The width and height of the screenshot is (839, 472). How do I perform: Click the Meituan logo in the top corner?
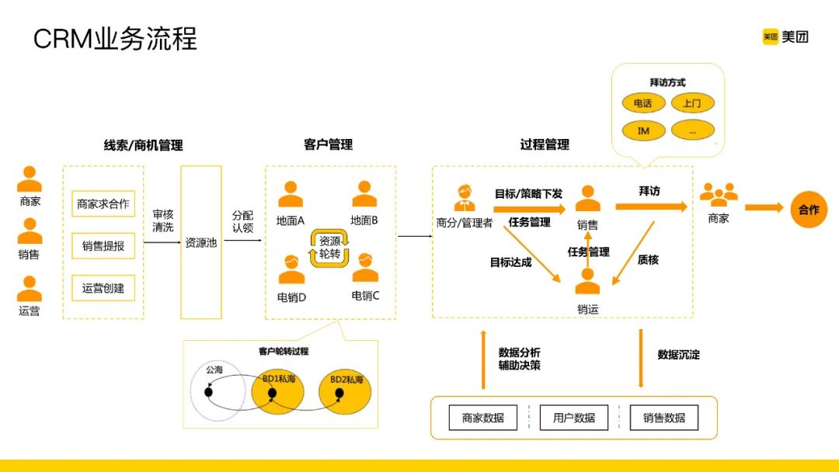click(x=785, y=36)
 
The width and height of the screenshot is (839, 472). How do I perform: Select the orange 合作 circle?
click(x=809, y=209)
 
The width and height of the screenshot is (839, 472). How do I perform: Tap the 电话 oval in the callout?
click(x=643, y=102)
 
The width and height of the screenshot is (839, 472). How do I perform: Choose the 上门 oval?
click(x=692, y=102)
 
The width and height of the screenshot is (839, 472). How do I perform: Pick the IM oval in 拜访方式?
click(x=643, y=130)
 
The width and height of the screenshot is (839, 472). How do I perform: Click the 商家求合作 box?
click(x=103, y=204)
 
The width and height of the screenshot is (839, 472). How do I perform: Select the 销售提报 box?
click(x=103, y=246)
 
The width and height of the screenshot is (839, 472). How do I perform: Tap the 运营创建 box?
click(x=103, y=288)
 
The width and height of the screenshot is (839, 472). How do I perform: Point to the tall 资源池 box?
click(x=201, y=242)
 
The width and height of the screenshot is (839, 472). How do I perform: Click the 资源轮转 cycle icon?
click(x=330, y=248)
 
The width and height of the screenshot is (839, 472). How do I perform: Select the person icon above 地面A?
click(x=291, y=194)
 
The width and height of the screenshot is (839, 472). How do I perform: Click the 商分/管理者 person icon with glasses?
click(x=465, y=197)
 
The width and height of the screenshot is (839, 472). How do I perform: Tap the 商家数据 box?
click(x=483, y=418)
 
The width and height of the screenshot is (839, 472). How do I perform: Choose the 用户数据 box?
click(x=573, y=418)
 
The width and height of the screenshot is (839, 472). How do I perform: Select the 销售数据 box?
click(x=664, y=418)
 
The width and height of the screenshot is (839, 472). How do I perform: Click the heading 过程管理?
click(x=545, y=144)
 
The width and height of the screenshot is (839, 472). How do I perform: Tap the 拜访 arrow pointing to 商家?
click(x=651, y=206)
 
